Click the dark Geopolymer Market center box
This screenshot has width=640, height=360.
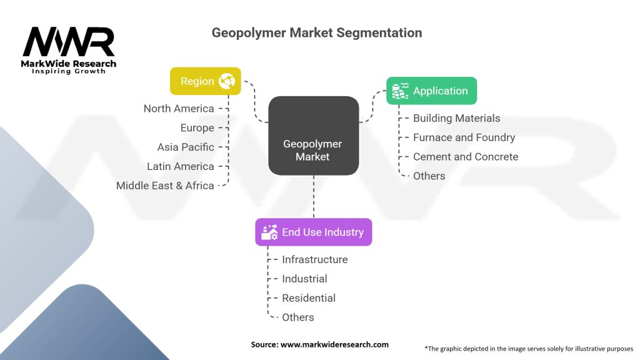tap(314, 136)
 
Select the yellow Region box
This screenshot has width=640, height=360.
tap(205, 81)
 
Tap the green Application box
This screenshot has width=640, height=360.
tap(431, 91)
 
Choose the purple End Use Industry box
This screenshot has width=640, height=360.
tap(314, 232)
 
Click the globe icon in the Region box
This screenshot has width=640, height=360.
tap(226, 81)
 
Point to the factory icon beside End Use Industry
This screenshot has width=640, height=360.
tap(269, 232)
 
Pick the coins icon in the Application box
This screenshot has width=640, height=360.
tap(400, 91)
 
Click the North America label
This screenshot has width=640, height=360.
tap(179, 109)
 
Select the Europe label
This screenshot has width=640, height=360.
tap(197, 127)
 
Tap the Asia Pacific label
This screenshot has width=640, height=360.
tap(186, 147)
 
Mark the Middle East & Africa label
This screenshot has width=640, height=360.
tap(165, 186)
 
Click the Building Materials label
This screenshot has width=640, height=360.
tap(456, 118)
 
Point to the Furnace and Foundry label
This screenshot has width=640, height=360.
tap(464, 137)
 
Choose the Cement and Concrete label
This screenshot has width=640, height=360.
tap(466, 157)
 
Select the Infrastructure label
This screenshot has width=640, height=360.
tap(315, 259)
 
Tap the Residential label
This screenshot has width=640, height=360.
tap(309, 298)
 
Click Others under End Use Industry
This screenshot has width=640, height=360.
tap(298, 317)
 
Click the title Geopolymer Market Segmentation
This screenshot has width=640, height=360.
tap(317, 32)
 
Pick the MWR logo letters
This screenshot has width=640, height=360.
tap(69, 42)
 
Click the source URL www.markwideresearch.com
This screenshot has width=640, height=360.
tap(334, 344)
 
